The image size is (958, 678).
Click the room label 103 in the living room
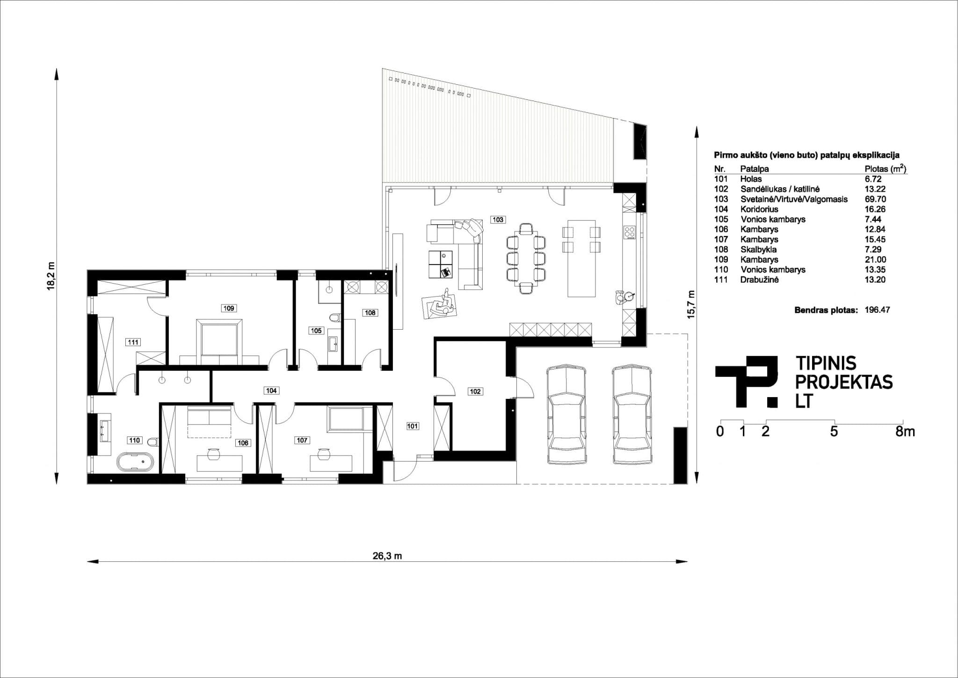tap(498, 219)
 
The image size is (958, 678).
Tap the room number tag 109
tap(229, 308)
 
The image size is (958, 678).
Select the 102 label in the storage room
tap(475, 391)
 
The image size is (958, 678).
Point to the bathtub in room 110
tap(135, 462)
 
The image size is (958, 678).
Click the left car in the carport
tap(566, 415)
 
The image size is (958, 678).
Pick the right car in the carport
tap(632, 415)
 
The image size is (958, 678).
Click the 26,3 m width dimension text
tap(387, 556)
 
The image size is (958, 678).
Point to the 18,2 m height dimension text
tap(51, 276)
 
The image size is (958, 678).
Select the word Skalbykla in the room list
tap(759, 250)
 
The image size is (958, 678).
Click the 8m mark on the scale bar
tap(905, 431)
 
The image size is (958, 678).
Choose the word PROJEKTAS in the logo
tap(844, 382)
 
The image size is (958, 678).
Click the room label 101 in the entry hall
tap(413, 426)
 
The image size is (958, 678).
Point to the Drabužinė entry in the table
tap(760, 280)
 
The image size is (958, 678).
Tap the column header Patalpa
tap(754, 169)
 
